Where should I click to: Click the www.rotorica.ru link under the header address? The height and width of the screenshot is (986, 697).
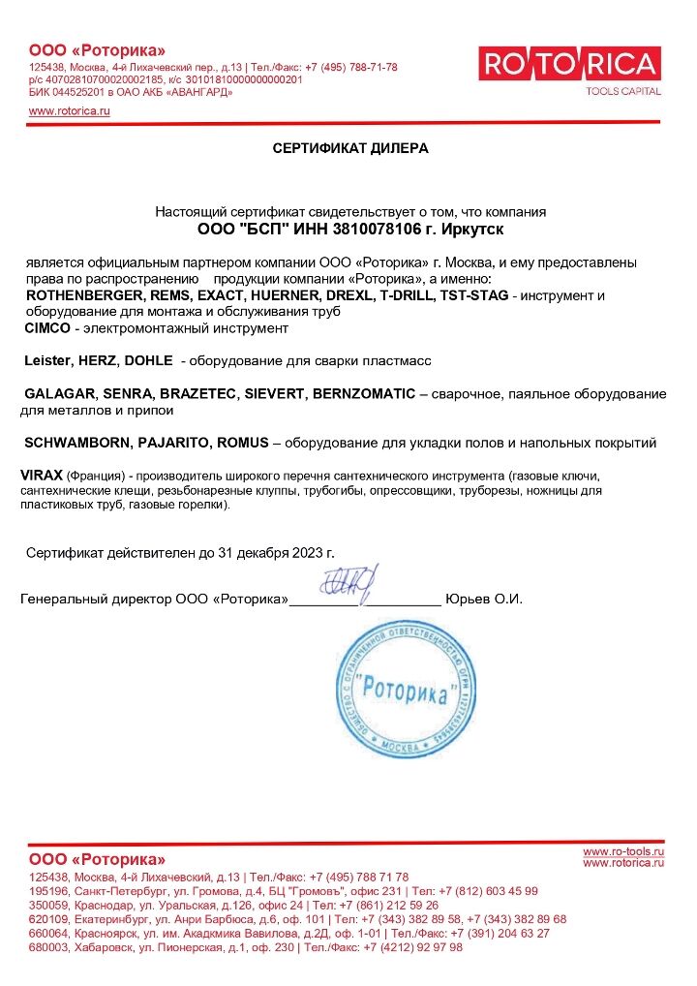(70, 111)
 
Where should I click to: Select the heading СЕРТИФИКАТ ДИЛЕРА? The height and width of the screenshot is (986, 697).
(349, 148)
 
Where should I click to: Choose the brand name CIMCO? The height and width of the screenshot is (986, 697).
(45, 328)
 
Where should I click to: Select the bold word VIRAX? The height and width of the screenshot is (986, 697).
(42, 478)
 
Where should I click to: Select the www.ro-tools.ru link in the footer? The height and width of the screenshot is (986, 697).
(623, 850)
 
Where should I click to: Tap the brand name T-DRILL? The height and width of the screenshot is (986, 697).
(410, 295)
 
